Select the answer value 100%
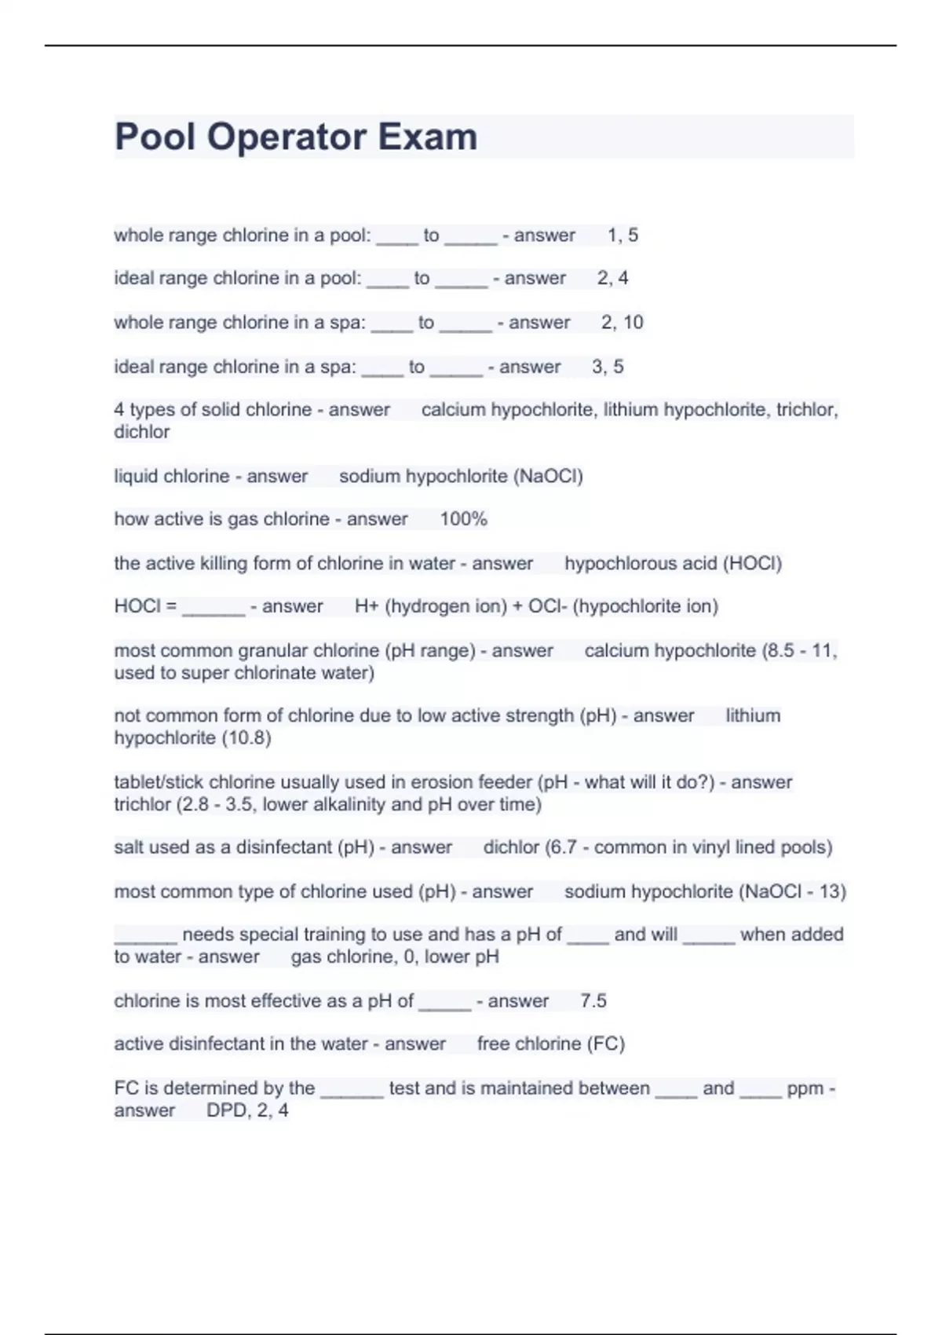click(x=463, y=519)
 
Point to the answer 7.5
click(x=593, y=1000)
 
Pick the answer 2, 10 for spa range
click(x=622, y=322)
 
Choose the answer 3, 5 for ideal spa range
click(x=608, y=367)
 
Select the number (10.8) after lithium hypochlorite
click(x=246, y=738)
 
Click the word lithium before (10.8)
click(x=753, y=715)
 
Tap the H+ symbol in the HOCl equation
click(x=367, y=606)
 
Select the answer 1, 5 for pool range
click(x=623, y=235)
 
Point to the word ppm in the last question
click(x=805, y=1088)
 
